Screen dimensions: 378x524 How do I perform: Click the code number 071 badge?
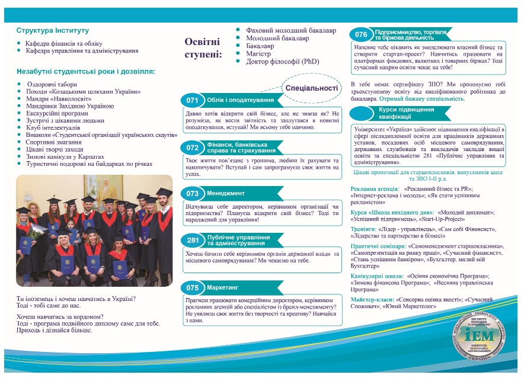coord(192,100)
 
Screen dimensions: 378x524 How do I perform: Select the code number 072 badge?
coord(192,147)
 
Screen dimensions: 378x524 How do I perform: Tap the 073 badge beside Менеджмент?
coord(192,193)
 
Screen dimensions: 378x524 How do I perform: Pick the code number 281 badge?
coord(192,241)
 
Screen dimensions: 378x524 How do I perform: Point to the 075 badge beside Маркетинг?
coord(192,287)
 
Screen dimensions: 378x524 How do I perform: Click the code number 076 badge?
coord(362,34)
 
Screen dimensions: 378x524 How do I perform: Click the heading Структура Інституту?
coord(53,30)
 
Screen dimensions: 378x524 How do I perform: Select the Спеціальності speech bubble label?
coord(311,88)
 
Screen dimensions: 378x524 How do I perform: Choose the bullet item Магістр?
coord(258,53)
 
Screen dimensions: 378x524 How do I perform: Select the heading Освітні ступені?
coord(202,48)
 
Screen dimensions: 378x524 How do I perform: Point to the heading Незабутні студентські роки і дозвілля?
coord(86,71)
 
